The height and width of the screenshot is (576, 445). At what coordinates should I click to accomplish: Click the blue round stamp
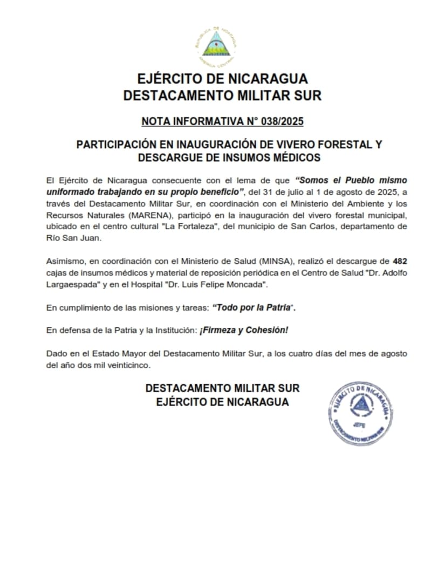tap(360, 413)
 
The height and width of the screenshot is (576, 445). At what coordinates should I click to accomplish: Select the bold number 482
tap(400, 262)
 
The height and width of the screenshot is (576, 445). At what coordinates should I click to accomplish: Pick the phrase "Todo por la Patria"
tap(254, 307)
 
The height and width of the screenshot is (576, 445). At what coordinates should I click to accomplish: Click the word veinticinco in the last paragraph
tap(131, 365)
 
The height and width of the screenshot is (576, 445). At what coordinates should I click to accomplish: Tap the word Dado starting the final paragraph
tap(56, 353)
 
